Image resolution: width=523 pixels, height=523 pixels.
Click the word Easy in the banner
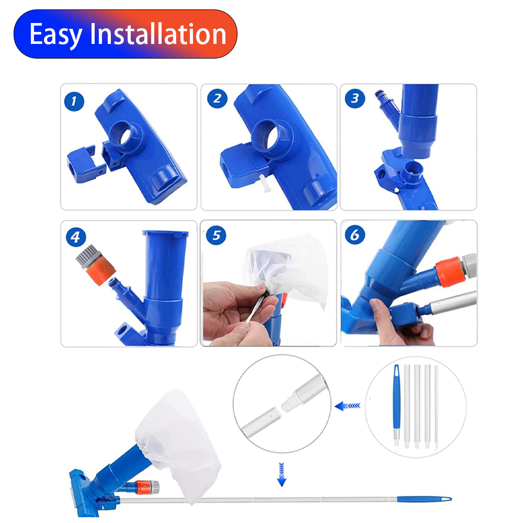tap(56, 34)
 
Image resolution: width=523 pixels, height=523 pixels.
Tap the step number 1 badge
tap(74, 101)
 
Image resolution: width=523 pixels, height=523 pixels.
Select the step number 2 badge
tap(217, 98)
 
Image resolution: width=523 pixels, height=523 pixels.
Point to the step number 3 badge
tap(355, 98)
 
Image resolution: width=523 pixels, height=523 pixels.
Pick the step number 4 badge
tap(76, 237)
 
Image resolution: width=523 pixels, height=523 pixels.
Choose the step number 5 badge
tap(216, 235)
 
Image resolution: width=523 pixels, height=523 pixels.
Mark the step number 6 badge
tap(355, 234)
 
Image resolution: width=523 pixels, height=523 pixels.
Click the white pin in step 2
tap(266, 184)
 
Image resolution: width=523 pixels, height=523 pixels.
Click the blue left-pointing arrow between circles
tap(347, 406)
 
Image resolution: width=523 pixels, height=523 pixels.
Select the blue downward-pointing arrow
tap(281, 474)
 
